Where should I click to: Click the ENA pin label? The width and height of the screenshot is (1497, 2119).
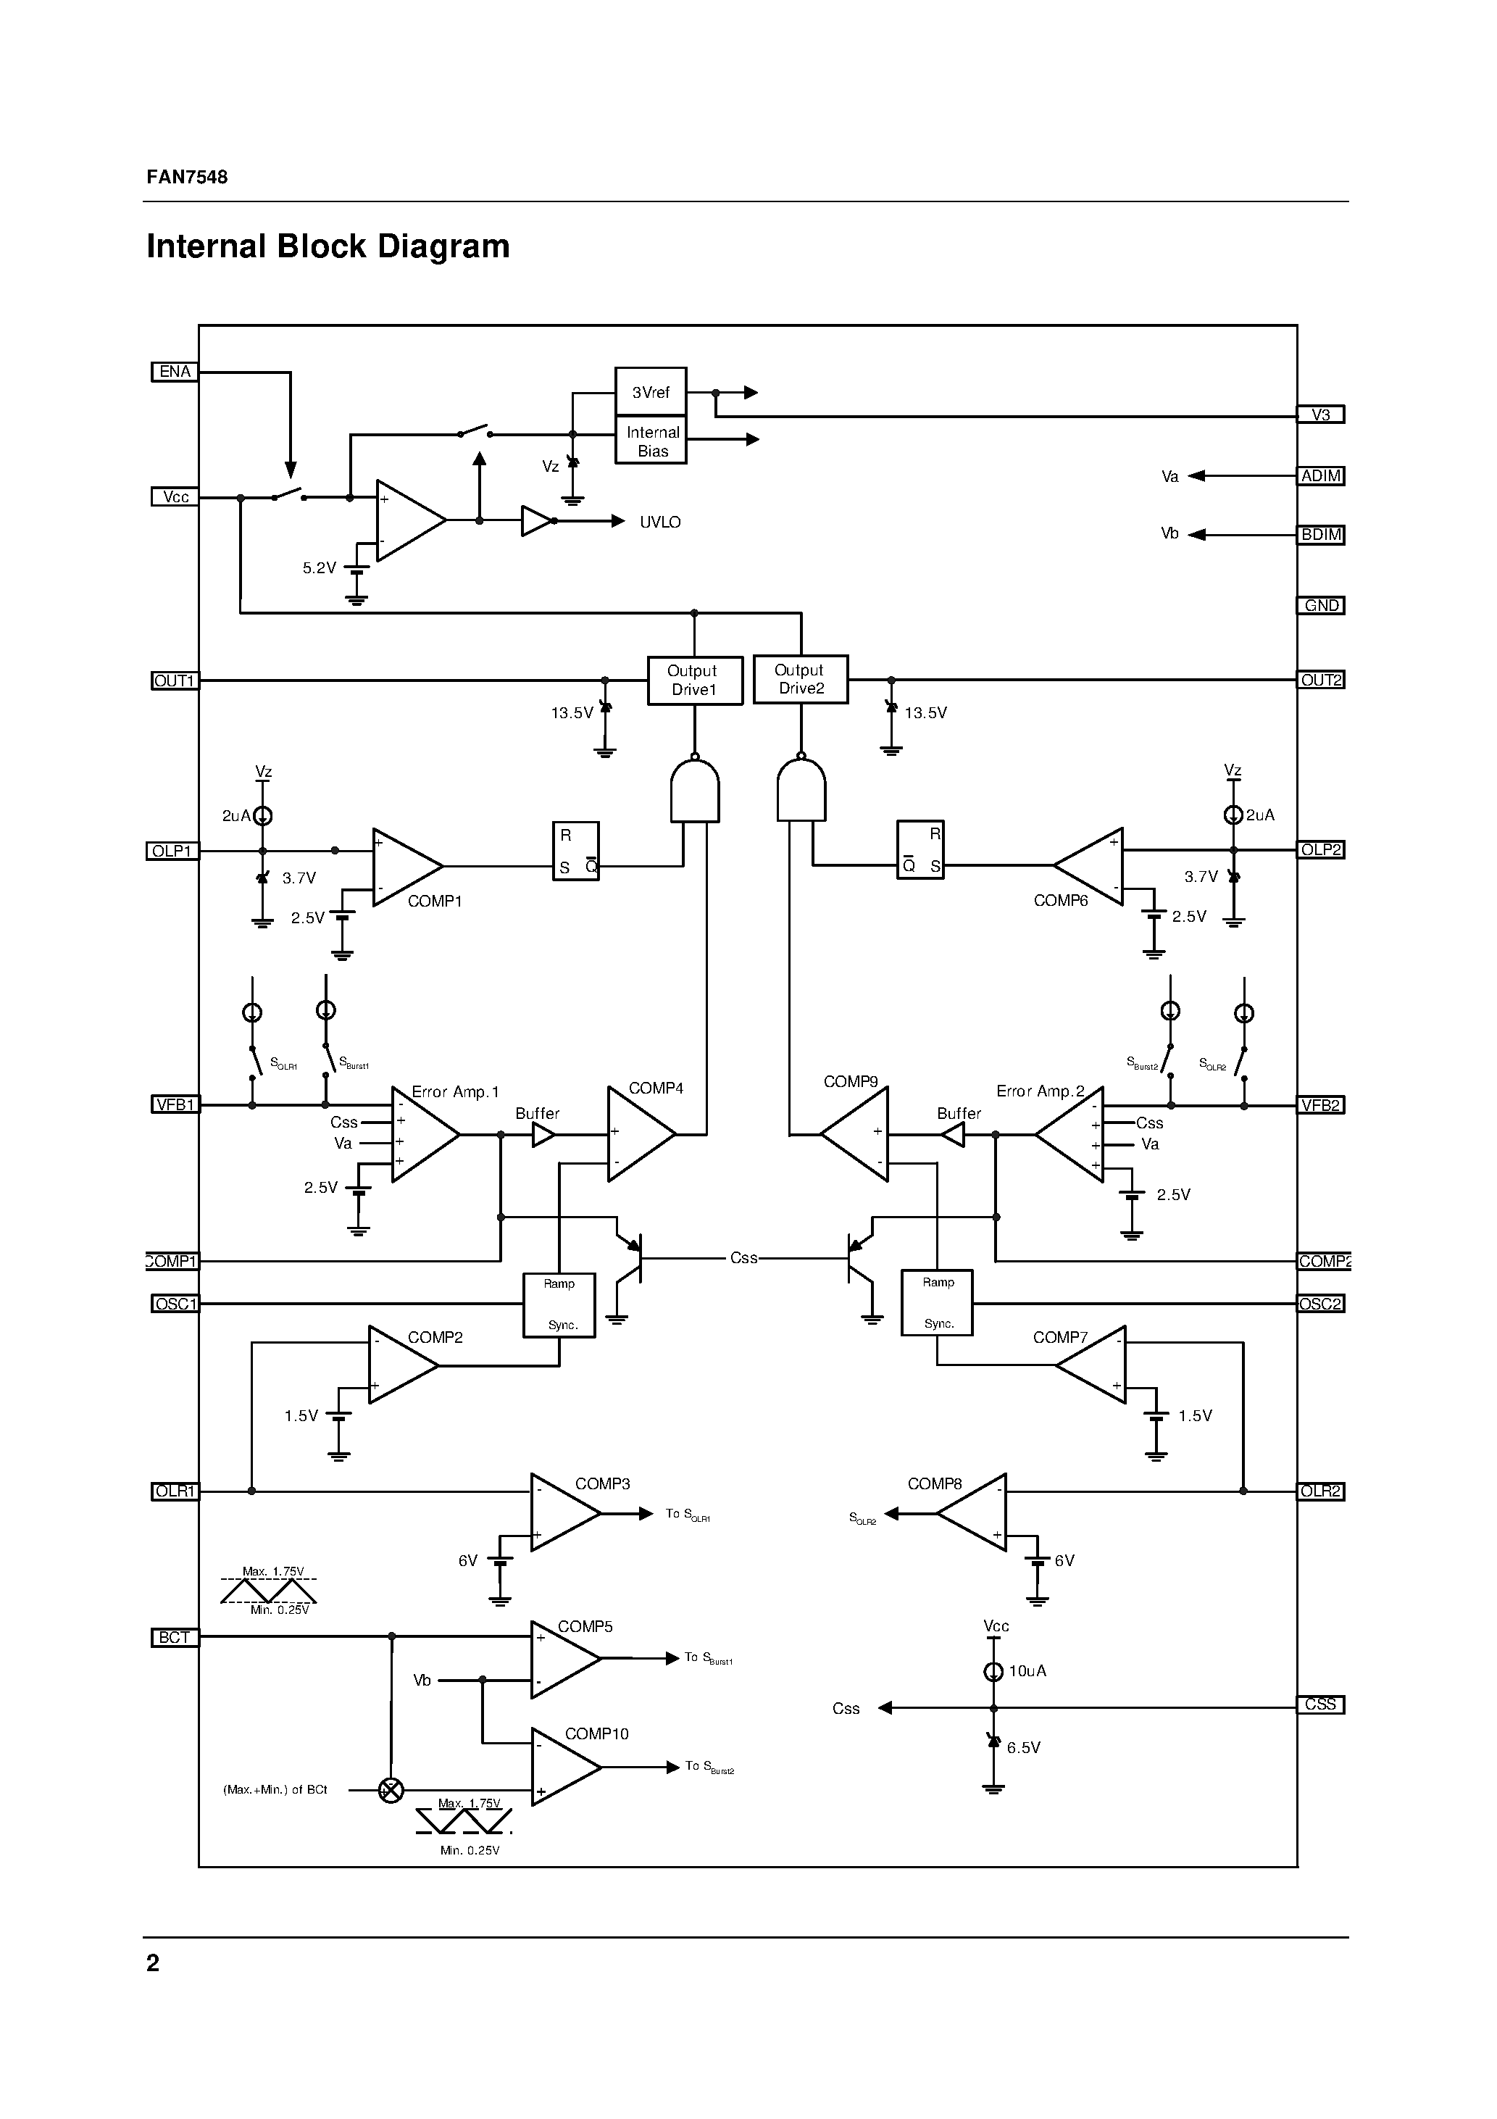click(x=175, y=372)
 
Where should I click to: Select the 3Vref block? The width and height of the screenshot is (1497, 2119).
click(x=651, y=392)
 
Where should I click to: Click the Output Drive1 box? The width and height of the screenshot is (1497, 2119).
click(x=694, y=680)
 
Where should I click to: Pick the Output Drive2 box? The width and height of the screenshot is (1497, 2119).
click(x=800, y=679)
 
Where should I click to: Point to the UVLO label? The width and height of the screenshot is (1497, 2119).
click(x=660, y=523)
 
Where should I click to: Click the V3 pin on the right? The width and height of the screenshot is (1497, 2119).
click(x=1321, y=415)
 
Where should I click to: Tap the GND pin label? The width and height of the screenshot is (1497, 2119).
click(x=1321, y=605)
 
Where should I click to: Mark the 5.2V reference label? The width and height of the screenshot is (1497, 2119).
click(x=320, y=568)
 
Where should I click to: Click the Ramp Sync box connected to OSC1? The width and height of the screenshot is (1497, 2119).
click(x=559, y=1304)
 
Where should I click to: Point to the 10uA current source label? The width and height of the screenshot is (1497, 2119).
click(x=1027, y=1671)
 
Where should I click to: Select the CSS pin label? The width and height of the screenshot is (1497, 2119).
click(x=1321, y=1704)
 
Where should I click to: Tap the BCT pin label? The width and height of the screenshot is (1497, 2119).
click(x=175, y=1637)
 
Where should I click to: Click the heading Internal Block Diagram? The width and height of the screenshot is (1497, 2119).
click(x=328, y=246)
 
